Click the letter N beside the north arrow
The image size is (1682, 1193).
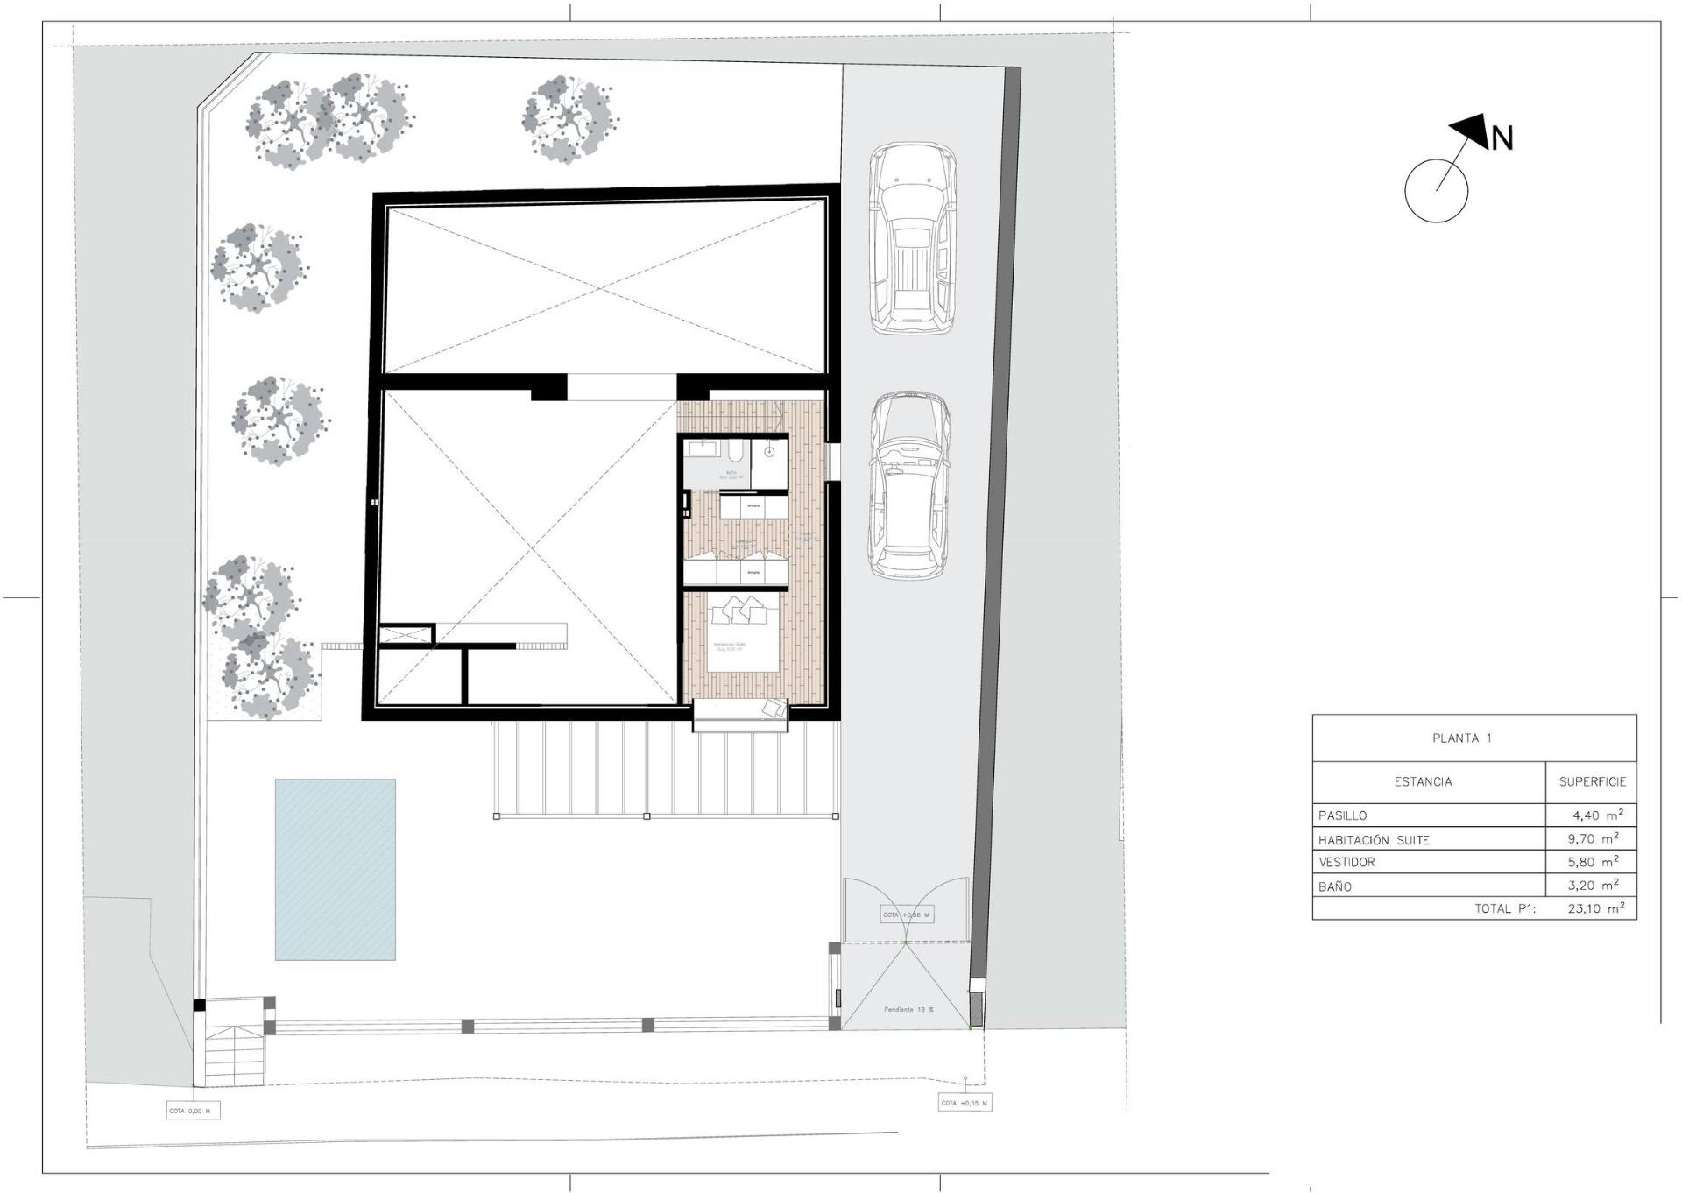(1502, 138)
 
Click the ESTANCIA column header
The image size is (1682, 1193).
(1423, 781)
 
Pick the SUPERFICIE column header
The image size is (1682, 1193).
(1592, 781)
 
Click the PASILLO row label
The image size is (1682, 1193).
(1342, 815)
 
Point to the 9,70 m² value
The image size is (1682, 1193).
(1595, 838)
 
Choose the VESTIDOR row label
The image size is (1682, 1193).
(1346, 862)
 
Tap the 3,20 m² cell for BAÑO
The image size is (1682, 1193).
(1595, 885)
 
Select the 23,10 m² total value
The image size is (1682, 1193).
(1595, 908)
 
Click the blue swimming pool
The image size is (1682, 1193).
(335, 869)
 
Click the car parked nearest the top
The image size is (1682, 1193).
(912, 238)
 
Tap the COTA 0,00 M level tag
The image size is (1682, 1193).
(192, 1111)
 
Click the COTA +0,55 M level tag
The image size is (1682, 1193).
(964, 1103)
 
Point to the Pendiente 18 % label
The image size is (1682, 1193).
(908, 1009)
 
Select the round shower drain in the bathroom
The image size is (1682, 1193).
(769, 452)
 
